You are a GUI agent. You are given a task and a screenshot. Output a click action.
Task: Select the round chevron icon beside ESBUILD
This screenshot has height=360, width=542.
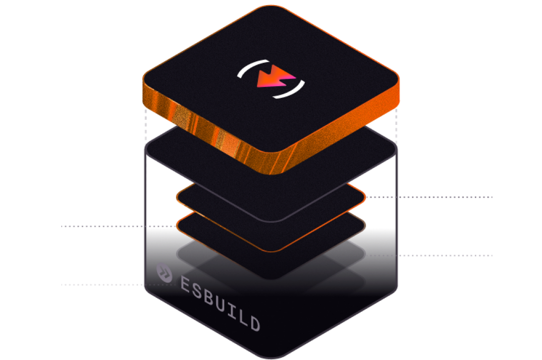tap(164, 272)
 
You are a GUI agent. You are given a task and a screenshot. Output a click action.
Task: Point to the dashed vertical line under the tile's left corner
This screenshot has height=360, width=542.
tap(146, 125)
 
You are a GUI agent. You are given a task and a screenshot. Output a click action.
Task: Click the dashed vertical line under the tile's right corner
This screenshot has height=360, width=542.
tap(396, 125)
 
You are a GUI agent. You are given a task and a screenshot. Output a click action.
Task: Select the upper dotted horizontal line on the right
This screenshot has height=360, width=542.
tap(429, 197)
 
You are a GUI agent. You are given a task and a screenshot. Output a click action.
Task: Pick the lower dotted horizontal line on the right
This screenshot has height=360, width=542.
tap(429, 256)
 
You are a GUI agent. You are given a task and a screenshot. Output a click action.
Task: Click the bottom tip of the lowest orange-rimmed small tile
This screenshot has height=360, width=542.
tap(272, 251)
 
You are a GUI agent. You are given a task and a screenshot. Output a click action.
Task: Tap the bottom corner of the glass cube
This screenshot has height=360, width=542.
tap(272, 358)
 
